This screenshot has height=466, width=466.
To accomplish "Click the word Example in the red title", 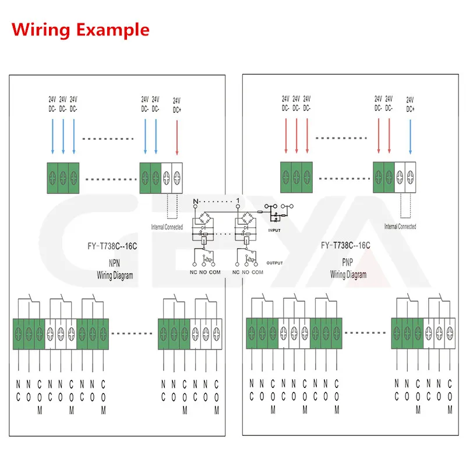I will click(113, 30).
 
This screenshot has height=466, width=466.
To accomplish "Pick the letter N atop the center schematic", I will click(196, 202).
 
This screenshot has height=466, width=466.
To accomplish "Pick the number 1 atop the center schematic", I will click(238, 202).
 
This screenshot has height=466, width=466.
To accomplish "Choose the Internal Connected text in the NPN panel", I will click(167, 227).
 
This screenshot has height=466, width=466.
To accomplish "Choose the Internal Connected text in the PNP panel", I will click(400, 226).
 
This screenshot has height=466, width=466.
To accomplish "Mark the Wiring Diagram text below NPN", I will click(114, 276).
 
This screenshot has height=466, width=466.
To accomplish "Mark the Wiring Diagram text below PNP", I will click(348, 274).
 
